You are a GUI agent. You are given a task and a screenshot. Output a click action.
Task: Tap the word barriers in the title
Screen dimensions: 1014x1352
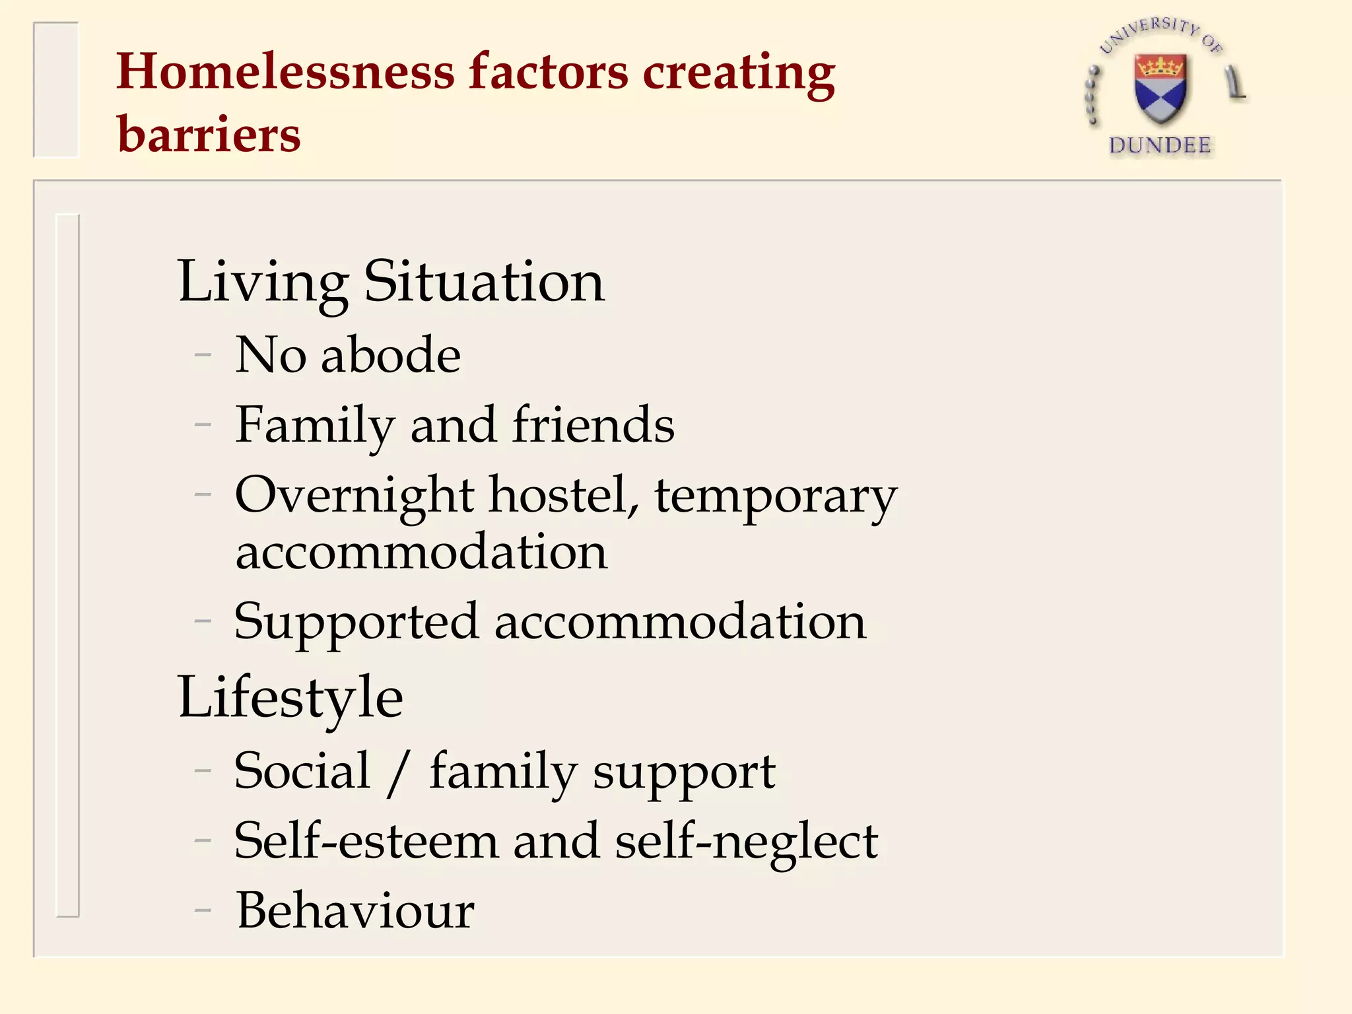[x=209, y=134]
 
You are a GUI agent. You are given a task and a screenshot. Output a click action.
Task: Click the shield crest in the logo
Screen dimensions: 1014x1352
[x=1160, y=89]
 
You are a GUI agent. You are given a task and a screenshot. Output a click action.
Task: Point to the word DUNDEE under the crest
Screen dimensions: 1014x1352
[x=1160, y=146]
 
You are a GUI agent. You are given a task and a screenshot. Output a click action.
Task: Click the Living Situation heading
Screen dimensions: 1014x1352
[x=391, y=283]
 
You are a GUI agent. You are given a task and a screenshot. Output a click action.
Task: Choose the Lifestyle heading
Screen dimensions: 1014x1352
[x=290, y=698]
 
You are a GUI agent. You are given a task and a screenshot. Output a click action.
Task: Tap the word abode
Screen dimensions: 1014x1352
[x=391, y=355]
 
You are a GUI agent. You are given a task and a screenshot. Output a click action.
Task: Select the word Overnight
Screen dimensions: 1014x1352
[x=355, y=495]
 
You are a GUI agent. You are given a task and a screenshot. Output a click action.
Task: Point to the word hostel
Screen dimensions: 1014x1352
[x=564, y=495]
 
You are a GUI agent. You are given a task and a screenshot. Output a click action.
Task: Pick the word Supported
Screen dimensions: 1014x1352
[x=356, y=623]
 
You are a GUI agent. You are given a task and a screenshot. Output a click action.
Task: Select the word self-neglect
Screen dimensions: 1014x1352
[x=746, y=842]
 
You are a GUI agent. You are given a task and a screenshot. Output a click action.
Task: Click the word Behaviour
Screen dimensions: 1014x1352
[x=355, y=911]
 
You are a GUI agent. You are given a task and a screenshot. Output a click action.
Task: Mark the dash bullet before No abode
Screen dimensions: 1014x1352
[x=203, y=355]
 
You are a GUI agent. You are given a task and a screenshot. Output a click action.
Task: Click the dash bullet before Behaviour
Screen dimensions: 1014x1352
[x=203, y=911]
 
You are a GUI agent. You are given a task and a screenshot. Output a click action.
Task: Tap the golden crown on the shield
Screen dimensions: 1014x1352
[x=1160, y=67]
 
